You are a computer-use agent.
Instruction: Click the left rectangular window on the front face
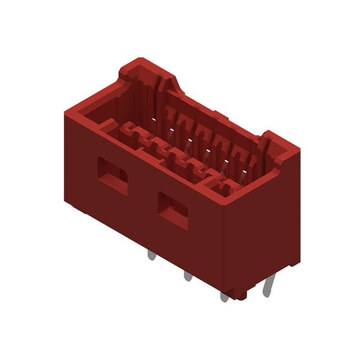pyautogui.click(x=112, y=175)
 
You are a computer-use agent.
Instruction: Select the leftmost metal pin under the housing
pyautogui.click(x=151, y=255)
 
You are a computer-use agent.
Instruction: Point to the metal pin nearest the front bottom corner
pyautogui.click(x=224, y=295)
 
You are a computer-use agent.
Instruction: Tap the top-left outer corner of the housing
pyautogui.click(x=67, y=111)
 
